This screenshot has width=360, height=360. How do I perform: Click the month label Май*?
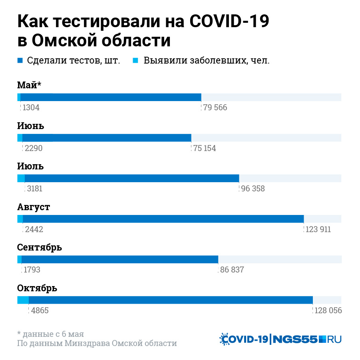29,85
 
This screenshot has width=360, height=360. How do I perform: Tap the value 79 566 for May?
215,107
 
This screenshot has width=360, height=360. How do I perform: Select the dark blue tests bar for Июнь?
107,137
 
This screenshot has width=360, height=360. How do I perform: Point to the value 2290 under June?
33,148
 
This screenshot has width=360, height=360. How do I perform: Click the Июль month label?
30,166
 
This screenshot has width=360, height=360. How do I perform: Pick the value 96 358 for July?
253,189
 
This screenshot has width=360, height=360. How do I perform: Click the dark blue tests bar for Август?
163,219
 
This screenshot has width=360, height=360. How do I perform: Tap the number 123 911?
318,229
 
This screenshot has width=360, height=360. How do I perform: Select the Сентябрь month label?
40,247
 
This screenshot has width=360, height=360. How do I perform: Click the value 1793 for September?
32,270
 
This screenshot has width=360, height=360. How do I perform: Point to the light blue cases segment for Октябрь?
23,300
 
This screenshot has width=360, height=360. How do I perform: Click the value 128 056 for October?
328,310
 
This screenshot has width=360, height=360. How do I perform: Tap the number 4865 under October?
40,310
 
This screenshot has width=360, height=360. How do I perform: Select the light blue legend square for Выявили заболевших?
135,61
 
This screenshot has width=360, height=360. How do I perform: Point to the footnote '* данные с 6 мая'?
51,334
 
